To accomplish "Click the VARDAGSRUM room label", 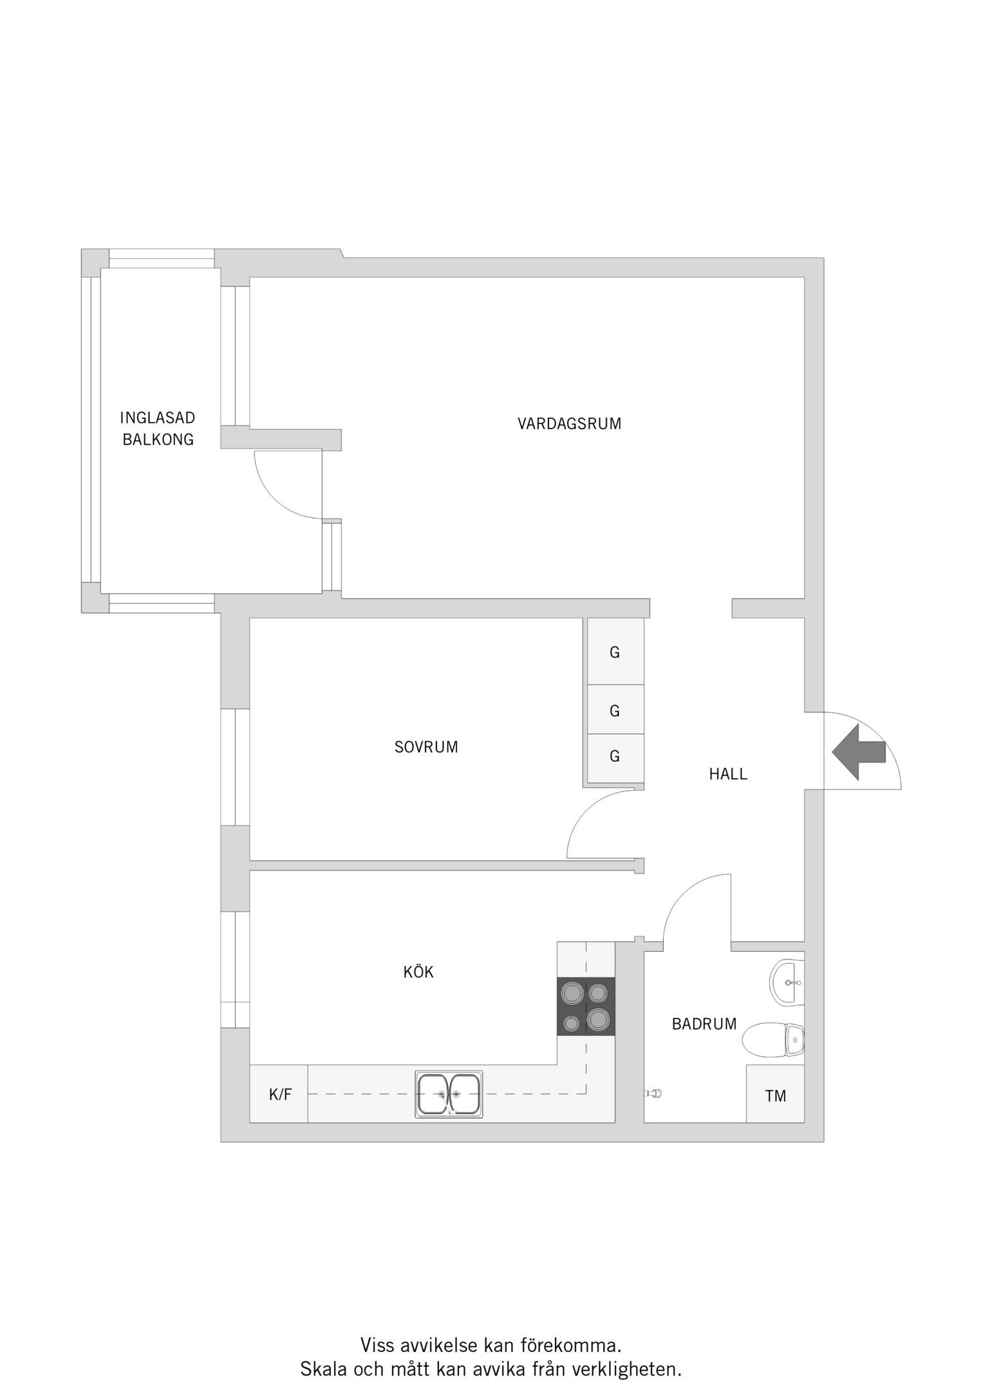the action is (x=569, y=423).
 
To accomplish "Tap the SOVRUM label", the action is (x=426, y=747).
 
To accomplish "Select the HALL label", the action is (x=728, y=774).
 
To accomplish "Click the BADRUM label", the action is (x=704, y=1024).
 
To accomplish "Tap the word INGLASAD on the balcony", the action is (x=158, y=418).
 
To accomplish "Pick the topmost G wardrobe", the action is (x=615, y=651).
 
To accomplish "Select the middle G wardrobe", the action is (x=615, y=710).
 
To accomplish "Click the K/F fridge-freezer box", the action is (x=279, y=1094).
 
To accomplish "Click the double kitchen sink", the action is (x=449, y=1094).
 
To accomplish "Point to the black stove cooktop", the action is (x=586, y=1006).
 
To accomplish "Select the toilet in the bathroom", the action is (x=773, y=1039).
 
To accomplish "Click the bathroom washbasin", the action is (x=787, y=982).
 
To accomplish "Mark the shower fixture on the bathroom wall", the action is (x=653, y=1093).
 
